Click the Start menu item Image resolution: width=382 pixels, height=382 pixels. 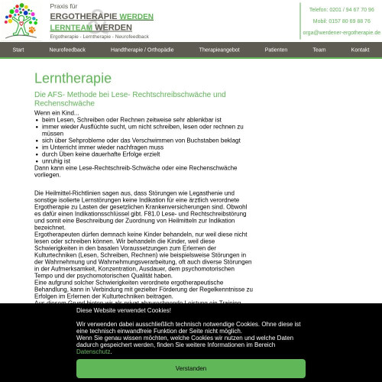tap(18, 50)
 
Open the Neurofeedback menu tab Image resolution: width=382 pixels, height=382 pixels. tap(67, 50)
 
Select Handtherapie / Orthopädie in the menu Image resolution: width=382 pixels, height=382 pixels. tap(142, 50)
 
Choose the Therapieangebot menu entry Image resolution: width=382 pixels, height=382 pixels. tap(219, 50)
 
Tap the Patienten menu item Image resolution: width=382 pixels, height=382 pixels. tap(276, 50)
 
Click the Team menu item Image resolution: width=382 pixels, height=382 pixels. tap(319, 50)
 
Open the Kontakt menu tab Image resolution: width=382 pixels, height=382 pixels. tap(360, 50)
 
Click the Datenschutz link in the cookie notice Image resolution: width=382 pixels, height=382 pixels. tap(93, 351)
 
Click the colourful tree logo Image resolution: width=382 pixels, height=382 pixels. tap(21, 21)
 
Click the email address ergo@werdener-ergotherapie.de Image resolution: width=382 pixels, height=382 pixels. tap(342, 32)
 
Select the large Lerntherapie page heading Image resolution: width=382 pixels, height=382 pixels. tap(73, 78)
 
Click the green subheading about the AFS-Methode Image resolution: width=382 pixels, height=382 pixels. tap(130, 98)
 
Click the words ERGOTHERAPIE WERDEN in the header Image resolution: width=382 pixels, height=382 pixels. tap(102, 16)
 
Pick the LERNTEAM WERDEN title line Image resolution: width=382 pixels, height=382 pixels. tap(90, 27)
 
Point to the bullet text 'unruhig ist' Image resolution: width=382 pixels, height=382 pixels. tap(56, 161)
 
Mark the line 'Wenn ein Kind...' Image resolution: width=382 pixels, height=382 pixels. tap(57, 113)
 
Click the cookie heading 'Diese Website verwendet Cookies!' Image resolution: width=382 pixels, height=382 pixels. tap(123, 310)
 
